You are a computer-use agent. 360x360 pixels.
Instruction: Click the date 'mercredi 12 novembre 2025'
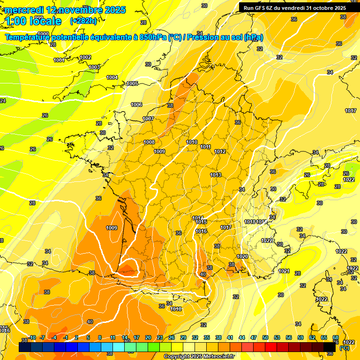click(x=66, y=10)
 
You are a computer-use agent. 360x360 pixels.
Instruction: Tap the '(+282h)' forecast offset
click(x=83, y=21)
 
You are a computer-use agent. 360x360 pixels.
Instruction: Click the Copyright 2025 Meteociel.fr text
click(x=199, y=356)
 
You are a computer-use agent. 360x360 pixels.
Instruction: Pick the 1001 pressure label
click(x=59, y=60)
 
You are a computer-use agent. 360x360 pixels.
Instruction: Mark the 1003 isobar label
click(x=94, y=67)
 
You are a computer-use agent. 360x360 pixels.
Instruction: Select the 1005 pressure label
click(x=132, y=83)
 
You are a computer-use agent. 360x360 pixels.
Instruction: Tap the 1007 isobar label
click(x=148, y=119)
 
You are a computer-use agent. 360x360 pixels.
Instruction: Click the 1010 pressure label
click(x=192, y=142)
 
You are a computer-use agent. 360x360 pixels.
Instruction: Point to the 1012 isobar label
click(x=220, y=151)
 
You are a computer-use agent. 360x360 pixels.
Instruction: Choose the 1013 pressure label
click(x=216, y=175)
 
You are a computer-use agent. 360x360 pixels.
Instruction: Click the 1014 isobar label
click(x=198, y=218)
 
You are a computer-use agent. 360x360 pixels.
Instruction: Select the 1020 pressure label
click(x=242, y=256)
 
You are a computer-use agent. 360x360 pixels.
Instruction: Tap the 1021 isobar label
click(x=284, y=271)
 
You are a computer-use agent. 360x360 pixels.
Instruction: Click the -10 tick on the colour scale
click(x=32, y=337)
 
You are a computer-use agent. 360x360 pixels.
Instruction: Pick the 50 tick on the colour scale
click(x=265, y=337)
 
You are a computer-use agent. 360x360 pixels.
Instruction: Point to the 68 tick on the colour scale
click(x=336, y=337)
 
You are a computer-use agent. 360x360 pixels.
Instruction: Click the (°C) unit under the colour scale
click(x=344, y=348)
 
